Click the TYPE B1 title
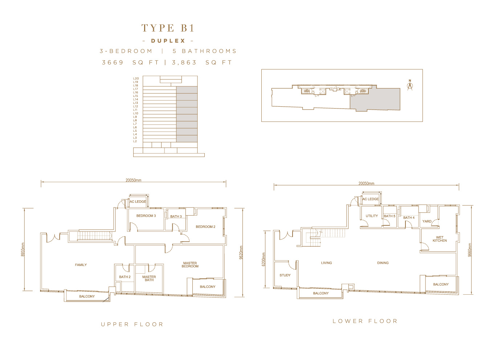(168, 28)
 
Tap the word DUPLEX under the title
(168, 41)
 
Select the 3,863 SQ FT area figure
(202, 63)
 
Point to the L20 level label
(136, 78)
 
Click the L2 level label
(135, 141)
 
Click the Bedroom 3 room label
(146, 216)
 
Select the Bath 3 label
(176, 217)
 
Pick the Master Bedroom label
(190, 265)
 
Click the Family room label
(81, 265)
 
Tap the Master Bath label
(149, 278)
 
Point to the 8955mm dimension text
(23, 249)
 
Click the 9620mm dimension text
(241, 253)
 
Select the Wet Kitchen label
(440, 239)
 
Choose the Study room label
(285, 275)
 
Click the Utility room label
(372, 216)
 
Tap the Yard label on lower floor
(427, 221)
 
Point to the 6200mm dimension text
(264, 259)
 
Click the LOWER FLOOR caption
(365, 321)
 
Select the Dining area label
(383, 263)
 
